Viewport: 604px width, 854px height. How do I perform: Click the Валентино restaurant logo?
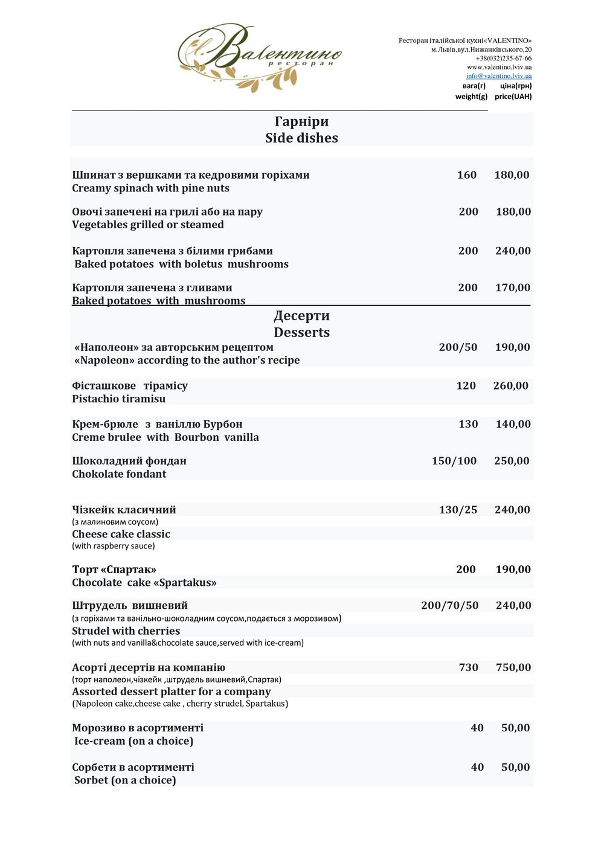coord(260,57)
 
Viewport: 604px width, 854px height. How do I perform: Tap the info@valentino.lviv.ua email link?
coord(499,76)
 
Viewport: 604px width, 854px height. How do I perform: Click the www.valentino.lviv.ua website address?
coord(499,67)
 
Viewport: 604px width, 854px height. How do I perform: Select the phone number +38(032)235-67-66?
coord(503,59)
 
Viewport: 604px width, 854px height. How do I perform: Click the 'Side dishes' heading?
coord(301,138)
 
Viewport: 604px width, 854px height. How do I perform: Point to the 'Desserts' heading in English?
coord(301,333)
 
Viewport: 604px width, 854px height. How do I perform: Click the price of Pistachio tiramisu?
coord(510,386)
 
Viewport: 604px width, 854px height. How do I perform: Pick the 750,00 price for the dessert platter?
coord(513,667)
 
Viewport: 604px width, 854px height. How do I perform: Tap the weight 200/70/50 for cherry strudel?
coord(449,606)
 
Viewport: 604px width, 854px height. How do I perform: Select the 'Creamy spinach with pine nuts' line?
coord(150,188)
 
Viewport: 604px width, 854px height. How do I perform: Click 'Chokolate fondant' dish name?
coord(119,474)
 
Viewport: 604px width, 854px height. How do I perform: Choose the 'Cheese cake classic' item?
coord(121,535)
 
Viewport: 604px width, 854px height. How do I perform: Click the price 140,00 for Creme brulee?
coord(513,425)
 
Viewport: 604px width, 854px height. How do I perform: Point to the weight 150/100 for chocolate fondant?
coord(454,461)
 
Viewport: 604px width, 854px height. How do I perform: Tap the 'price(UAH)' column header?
coord(513,97)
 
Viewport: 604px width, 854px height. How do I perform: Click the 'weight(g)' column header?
coord(471,97)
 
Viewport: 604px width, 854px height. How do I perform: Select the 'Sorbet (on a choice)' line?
coord(125,780)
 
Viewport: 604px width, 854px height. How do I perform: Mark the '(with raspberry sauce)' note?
coord(114,546)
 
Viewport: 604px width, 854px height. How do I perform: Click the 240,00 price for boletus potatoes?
coord(513,251)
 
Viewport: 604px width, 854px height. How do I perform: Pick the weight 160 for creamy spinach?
coord(466,175)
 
